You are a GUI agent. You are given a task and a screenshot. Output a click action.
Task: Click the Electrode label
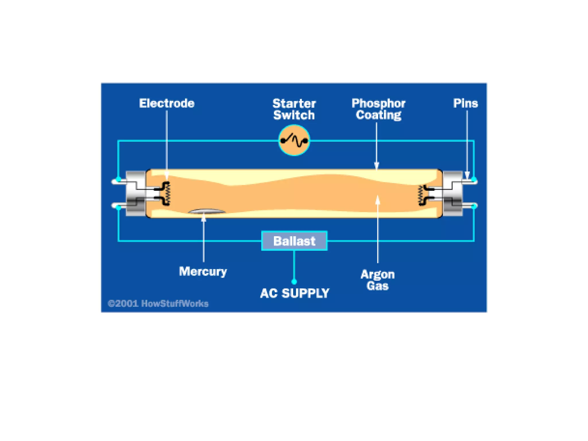click(167, 103)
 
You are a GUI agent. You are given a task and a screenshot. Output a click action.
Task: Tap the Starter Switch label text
click(294, 109)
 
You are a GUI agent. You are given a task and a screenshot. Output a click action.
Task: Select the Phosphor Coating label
click(378, 109)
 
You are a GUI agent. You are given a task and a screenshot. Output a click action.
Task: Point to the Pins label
click(465, 103)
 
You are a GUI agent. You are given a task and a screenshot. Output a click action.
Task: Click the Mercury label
click(203, 271)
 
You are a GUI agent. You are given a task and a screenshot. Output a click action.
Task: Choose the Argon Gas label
click(378, 280)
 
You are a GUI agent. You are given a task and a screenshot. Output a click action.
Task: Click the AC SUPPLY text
click(295, 293)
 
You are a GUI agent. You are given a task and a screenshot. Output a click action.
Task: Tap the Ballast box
click(294, 241)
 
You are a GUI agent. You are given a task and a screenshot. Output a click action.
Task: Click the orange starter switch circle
click(294, 140)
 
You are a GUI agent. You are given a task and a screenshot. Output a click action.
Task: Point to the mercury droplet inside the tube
click(206, 212)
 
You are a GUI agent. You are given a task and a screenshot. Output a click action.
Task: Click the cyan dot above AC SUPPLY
click(294, 282)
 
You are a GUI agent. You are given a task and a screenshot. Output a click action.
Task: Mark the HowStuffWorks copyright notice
click(158, 303)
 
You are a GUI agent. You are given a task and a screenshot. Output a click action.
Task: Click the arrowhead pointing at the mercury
click(204, 218)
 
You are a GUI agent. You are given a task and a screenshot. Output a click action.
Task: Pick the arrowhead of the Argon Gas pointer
click(378, 200)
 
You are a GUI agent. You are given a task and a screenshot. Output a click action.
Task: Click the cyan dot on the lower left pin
click(118, 207)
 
